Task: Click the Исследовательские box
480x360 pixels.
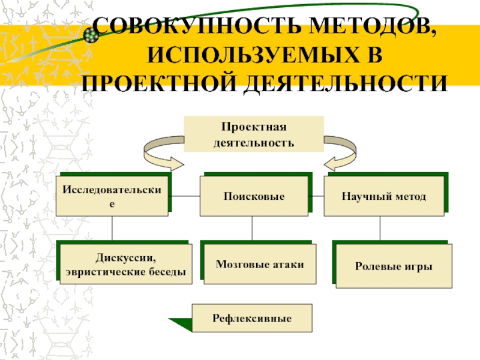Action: coord(112,197)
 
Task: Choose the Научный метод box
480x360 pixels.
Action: coord(384,197)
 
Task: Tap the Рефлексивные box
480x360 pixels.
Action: coord(251,318)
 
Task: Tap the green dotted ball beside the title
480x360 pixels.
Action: coord(91,35)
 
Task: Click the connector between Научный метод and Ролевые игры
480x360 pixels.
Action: coord(379,229)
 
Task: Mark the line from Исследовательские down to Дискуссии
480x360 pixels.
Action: coord(112,229)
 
